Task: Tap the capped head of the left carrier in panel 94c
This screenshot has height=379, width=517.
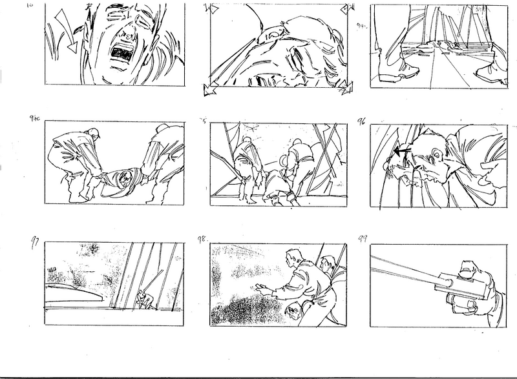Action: pyautogui.click(x=94, y=135)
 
